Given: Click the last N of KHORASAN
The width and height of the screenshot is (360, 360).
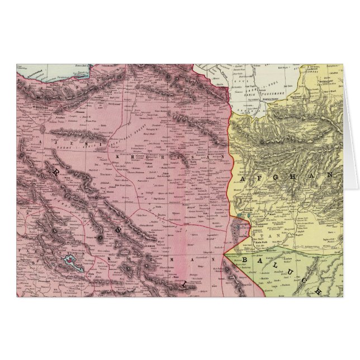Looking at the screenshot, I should [221, 159].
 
